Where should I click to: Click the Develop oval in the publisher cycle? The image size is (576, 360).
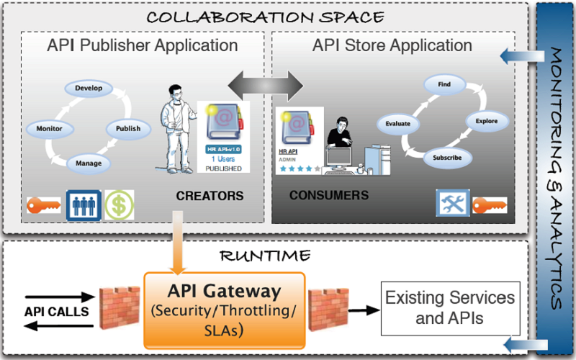(89, 89)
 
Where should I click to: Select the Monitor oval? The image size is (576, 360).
(50, 129)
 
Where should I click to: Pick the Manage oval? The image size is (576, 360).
(89, 163)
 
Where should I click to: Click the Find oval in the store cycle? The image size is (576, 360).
(444, 85)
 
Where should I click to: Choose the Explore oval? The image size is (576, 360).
(487, 121)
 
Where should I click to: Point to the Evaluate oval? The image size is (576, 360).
(397, 123)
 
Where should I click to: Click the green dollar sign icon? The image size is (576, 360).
(119, 204)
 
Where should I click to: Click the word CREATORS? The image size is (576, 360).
(210, 196)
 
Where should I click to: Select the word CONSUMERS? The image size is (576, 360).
(328, 195)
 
